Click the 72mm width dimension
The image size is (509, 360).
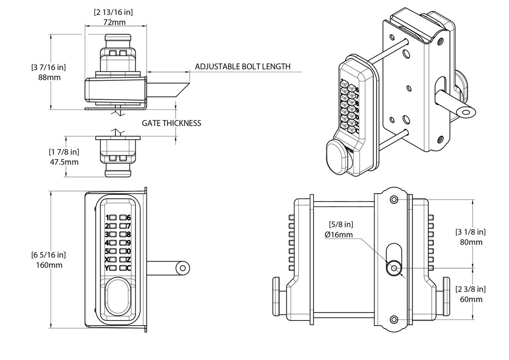116,22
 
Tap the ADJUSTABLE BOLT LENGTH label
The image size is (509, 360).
243,67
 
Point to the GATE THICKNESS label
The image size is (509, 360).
171,123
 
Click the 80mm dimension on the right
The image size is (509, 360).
471,242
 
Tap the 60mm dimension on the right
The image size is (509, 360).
471,299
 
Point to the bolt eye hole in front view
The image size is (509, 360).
183,268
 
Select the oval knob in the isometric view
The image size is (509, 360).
338,158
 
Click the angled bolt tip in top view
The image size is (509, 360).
180,90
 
